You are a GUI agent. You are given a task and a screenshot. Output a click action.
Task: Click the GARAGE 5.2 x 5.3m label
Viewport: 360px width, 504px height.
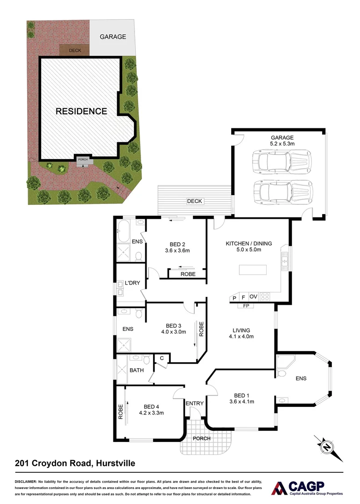click(x=282, y=140)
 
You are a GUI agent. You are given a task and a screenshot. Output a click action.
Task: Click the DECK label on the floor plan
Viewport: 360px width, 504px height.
click(x=194, y=201)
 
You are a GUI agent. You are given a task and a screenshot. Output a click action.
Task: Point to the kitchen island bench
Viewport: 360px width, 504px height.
click(x=253, y=270)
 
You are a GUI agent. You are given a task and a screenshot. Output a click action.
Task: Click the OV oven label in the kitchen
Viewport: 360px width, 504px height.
click(x=254, y=296)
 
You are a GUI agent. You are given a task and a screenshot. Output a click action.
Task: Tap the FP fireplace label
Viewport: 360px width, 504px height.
click(x=245, y=306)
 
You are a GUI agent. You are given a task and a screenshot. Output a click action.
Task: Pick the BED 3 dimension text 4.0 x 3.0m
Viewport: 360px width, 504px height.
click(x=173, y=332)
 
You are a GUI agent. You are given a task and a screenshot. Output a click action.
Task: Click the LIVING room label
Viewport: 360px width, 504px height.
click(x=241, y=329)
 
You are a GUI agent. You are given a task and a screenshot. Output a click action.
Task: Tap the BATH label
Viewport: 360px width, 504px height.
click(x=137, y=371)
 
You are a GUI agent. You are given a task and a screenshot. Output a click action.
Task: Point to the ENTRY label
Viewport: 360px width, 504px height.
click(x=194, y=404)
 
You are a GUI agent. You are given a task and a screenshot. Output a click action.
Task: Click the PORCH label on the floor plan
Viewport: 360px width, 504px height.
click(x=201, y=438)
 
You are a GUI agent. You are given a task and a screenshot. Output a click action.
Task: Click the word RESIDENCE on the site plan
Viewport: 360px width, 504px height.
click(x=81, y=111)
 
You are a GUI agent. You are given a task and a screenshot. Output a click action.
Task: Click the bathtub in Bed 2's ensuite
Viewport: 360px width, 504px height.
click(x=124, y=230)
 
